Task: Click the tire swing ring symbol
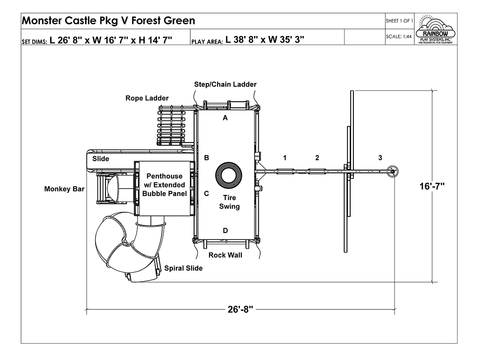pos(228,175)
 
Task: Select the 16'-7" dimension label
pos(432,186)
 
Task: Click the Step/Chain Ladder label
pos(225,84)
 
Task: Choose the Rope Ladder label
pos(147,98)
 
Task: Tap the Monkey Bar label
pos(64,189)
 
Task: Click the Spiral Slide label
pos(183,268)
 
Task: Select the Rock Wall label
pos(225,255)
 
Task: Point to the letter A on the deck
pos(225,118)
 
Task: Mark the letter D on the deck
pos(225,230)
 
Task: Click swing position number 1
pos(285,157)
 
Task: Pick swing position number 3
pos(380,157)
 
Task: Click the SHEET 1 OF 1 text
pos(399,21)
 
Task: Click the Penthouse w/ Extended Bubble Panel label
pos(164,185)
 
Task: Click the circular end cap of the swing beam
pos(393,172)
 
